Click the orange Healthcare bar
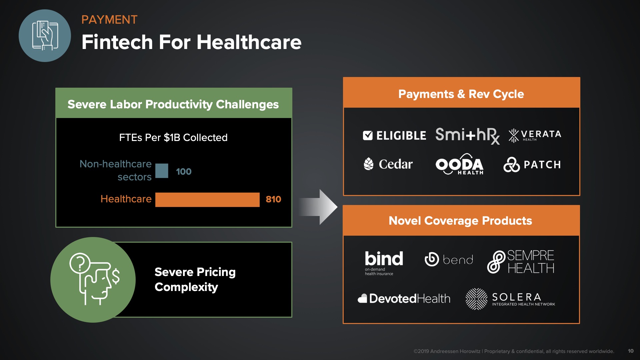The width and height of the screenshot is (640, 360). pos(207,200)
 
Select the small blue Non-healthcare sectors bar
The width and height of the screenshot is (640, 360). pos(162,171)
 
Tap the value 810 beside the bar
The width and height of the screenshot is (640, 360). pos(273,199)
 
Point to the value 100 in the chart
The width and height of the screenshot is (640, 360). pos(184,172)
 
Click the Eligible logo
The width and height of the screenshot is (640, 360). pos(394,135)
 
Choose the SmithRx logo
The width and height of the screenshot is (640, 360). pos(467,136)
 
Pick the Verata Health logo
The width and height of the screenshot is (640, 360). pos(535,135)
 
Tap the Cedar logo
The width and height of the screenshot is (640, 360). pos(388,164)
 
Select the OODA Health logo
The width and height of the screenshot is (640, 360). pos(460,164)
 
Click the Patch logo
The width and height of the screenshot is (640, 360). pos(532,164)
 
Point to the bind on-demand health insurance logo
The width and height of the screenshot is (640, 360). pos(384,263)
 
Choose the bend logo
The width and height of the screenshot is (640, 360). pos(449,259)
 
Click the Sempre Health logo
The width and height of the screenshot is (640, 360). pos(521,262)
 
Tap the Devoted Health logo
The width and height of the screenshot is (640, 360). pos(404,298)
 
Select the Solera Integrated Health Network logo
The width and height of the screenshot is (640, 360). pos(510,299)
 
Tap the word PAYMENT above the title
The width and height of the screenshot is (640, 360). pos(109,20)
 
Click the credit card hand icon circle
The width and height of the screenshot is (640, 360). pos(45,36)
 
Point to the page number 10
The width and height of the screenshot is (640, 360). pos(631,351)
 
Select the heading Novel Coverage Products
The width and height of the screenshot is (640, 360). pos(460,221)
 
